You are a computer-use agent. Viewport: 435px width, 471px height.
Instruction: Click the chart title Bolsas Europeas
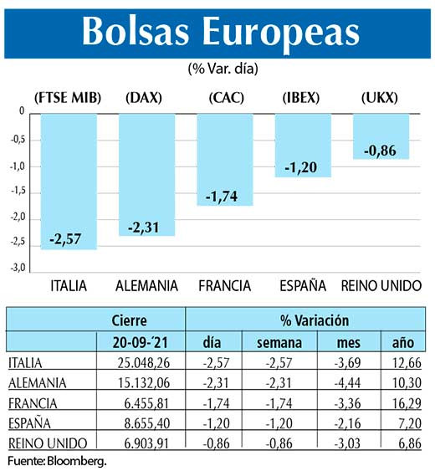[220, 31]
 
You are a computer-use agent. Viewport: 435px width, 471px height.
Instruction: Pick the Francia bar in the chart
[224, 159]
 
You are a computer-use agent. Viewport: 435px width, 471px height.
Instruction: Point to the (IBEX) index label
[302, 98]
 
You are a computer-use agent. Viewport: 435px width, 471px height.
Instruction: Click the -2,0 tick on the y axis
[17, 217]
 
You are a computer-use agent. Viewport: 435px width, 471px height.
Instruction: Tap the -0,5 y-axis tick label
[17, 139]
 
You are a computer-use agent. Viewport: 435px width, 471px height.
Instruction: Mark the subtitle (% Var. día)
[216, 68]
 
